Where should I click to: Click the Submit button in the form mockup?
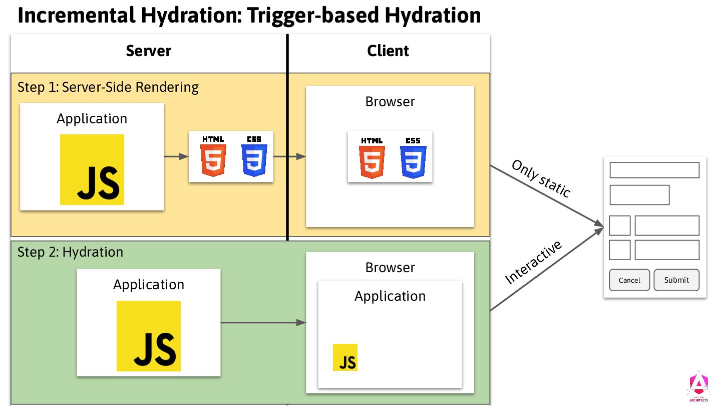click(x=676, y=280)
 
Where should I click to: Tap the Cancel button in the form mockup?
click(x=629, y=280)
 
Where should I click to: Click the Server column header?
click(x=148, y=51)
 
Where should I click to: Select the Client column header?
click(x=388, y=51)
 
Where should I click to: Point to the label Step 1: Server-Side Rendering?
click(x=108, y=87)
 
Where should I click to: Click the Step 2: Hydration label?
click(x=70, y=252)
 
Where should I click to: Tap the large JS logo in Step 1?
click(x=92, y=169)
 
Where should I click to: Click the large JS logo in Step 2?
click(x=149, y=336)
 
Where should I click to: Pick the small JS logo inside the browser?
click(x=345, y=357)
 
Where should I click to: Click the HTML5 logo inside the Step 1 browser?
click(x=372, y=157)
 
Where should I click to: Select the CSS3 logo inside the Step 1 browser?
click(x=413, y=157)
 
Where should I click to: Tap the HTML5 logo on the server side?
click(x=213, y=156)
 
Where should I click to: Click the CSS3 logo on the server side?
click(x=254, y=156)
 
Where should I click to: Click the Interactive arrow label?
click(x=534, y=262)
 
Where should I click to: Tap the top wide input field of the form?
click(x=654, y=170)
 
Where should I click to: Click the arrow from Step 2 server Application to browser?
click(x=263, y=322)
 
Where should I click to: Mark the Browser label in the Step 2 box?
click(x=390, y=268)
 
